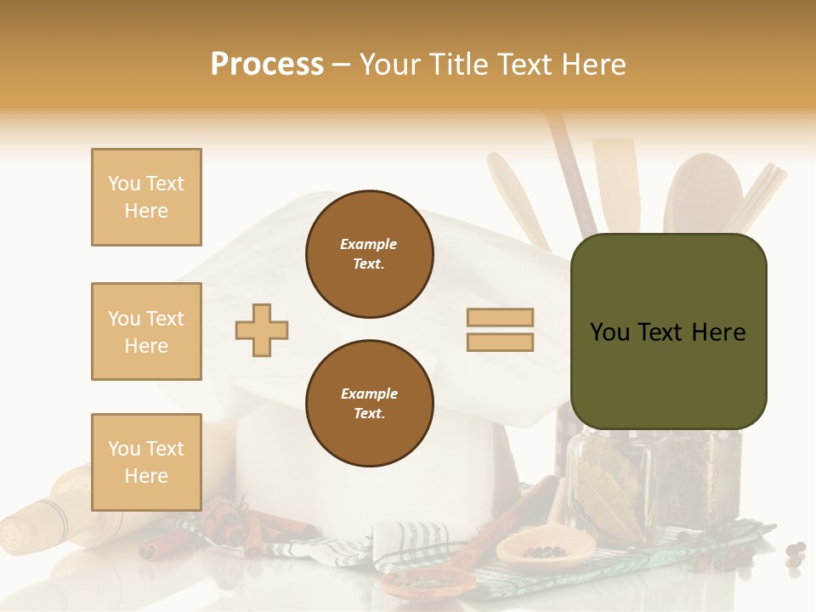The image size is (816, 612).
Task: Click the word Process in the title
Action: pos(267,64)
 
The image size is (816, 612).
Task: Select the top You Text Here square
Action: pos(146,197)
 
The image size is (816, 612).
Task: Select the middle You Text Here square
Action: pos(146,331)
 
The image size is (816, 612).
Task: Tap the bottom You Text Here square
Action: pos(146,462)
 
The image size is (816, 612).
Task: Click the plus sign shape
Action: pos(262,330)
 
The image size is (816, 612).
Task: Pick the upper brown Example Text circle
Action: pos(370,254)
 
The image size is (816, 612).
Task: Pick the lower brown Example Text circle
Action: pos(370,403)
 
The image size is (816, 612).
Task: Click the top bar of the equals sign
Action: pos(500,317)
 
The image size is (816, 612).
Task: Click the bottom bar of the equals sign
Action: pos(500,342)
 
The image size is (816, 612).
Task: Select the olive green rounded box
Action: pos(668,331)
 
